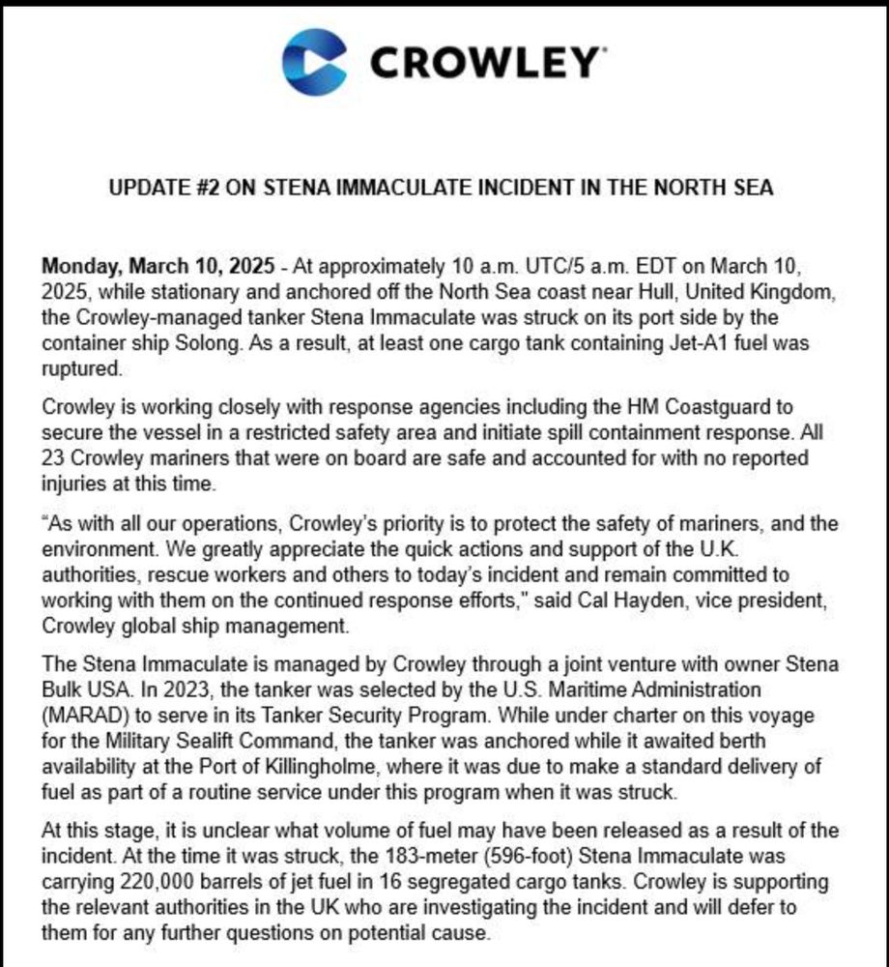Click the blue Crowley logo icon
tap(314, 62)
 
